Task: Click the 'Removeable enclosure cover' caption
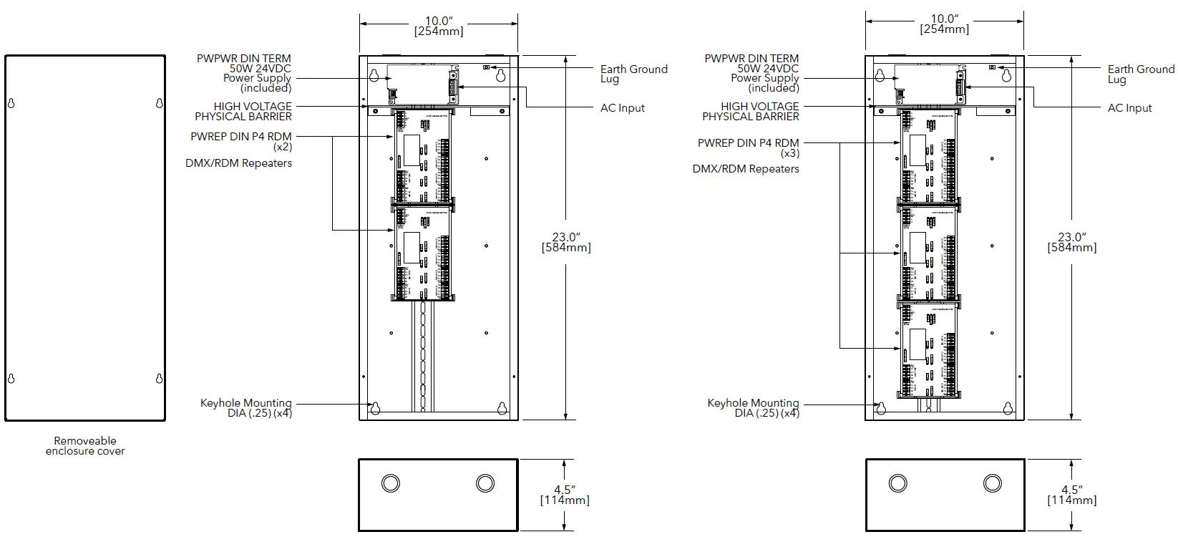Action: click(x=85, y=446)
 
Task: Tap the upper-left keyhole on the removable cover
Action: click(x=11, y=104)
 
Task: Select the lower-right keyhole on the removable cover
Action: click(x=160, y=378)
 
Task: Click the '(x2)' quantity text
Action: click(x=282, y=147)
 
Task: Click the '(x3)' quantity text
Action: click(x=789, y=153)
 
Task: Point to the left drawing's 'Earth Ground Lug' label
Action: click(x=633, y=74)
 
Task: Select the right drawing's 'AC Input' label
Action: click(x=1129, y=108)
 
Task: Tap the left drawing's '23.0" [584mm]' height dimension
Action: click(x=566, y=242)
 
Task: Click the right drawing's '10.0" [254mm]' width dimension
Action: click(x=944, y=24)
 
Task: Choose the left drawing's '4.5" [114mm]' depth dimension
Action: click(x=565, y=495)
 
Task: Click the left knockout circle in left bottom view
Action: click(x=390, y=483)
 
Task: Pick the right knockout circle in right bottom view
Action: click(x=992, y=483)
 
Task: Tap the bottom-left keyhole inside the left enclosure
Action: click(x=374, y=409)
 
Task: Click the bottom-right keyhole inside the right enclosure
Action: click(x=1008, y=409)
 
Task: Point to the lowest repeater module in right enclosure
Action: click(x=928, y=349)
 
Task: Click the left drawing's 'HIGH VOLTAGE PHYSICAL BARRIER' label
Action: click(x=243, y=111)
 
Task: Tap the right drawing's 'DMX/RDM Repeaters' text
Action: click(x=746, y=169)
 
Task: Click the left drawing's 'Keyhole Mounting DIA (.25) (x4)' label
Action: click(x=246, y=408)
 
